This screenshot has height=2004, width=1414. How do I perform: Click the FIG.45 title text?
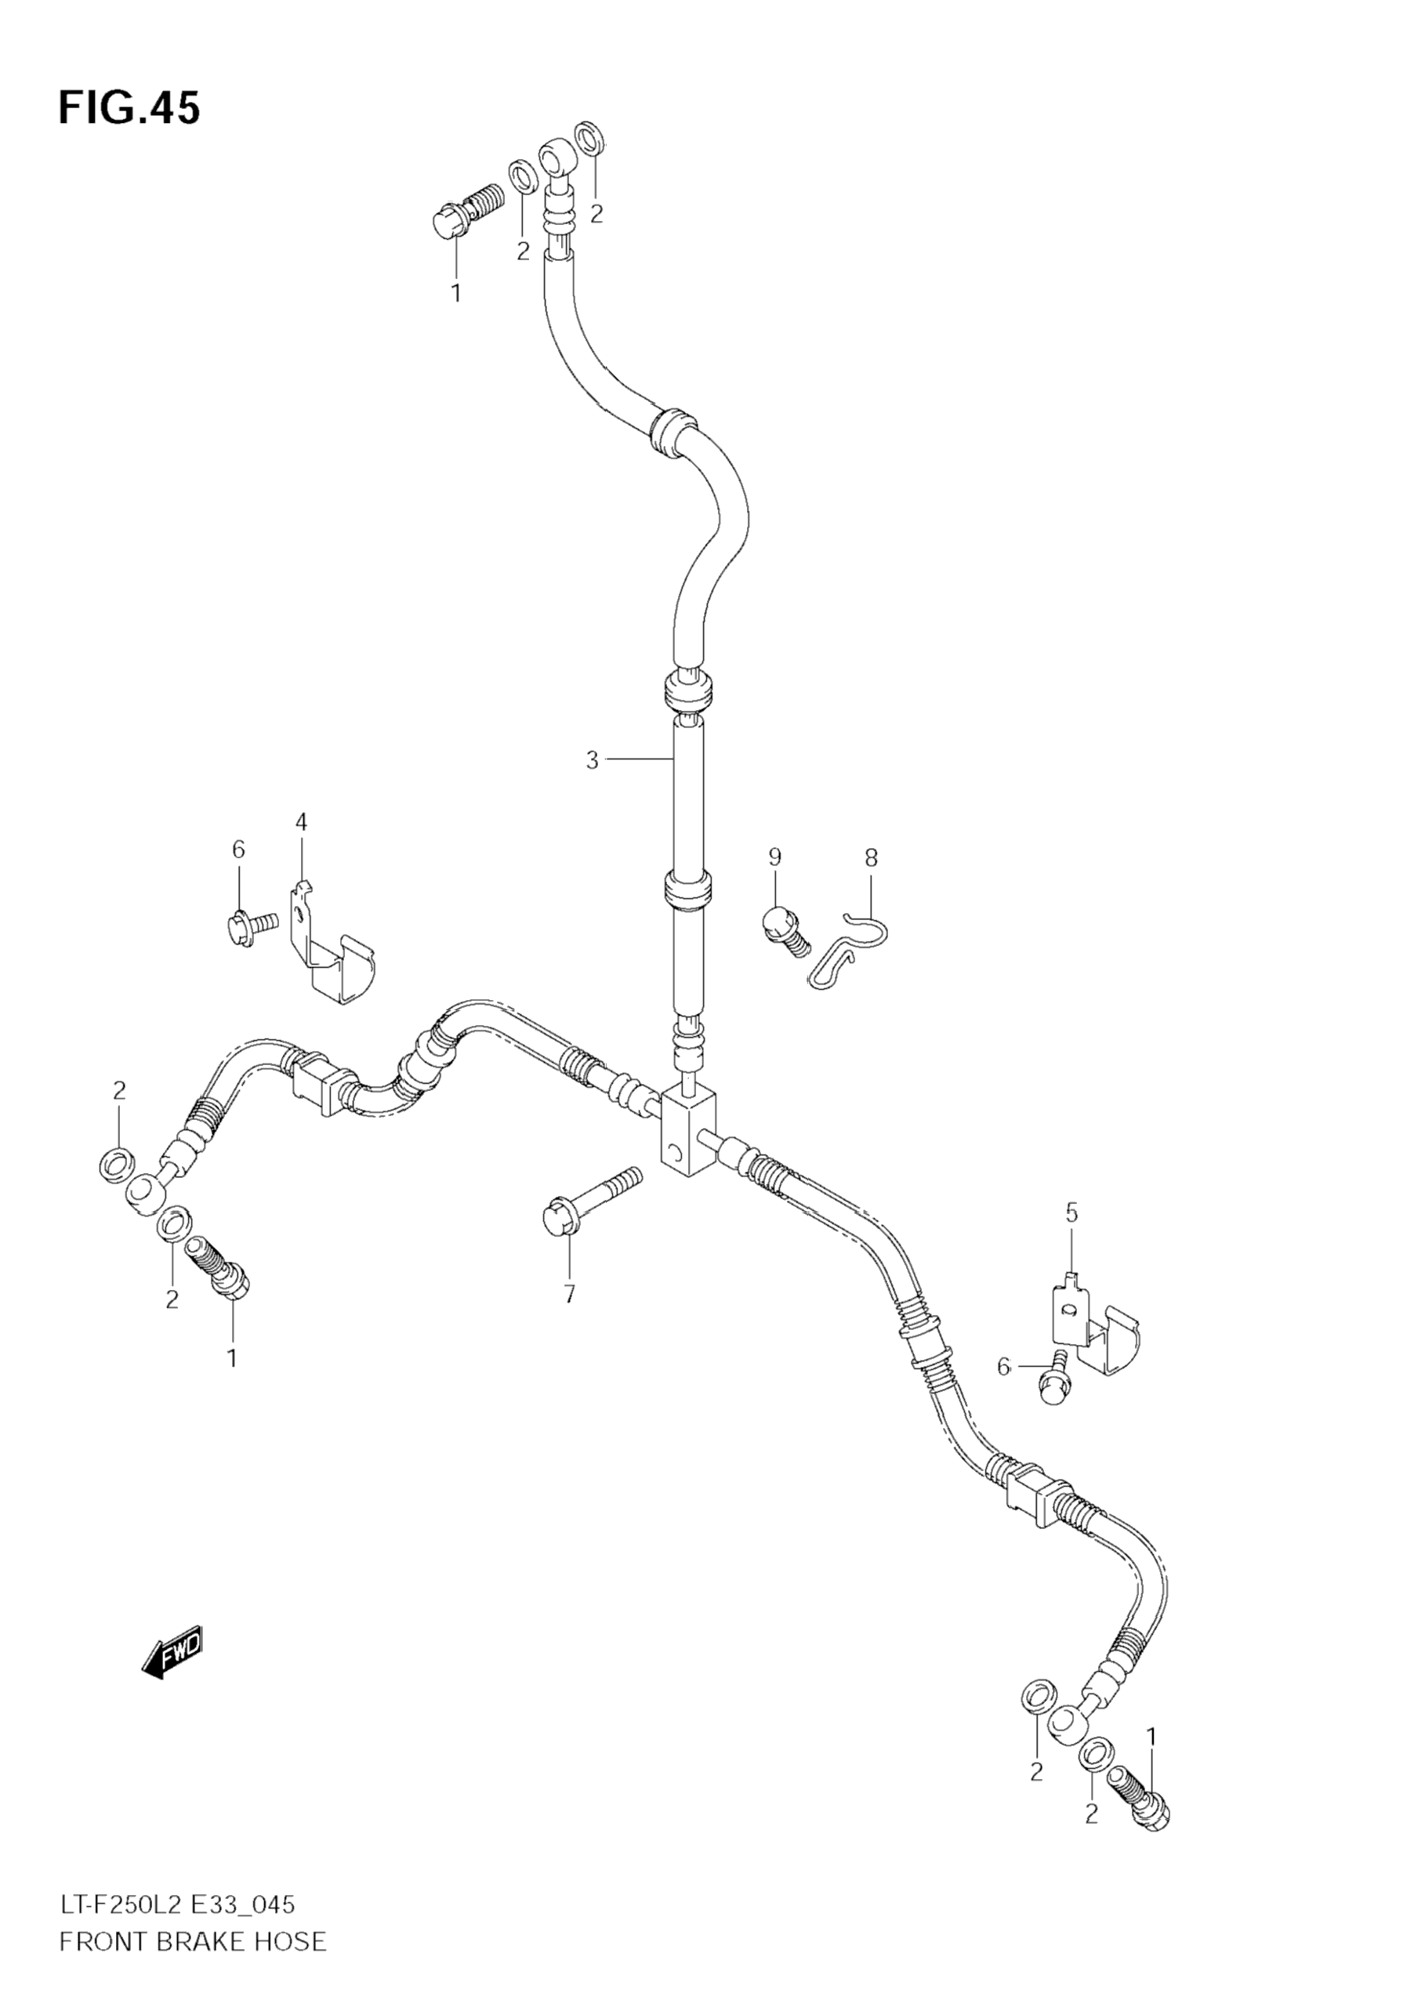(129, 108)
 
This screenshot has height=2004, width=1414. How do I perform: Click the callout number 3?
(593, 760)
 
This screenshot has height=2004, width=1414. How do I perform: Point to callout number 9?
(774, 857)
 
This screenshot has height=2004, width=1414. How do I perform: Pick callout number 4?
(301, 821)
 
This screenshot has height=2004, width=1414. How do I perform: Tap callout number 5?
(1071, 1212)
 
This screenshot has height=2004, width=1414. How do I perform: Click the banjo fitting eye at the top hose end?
(555, 156)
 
